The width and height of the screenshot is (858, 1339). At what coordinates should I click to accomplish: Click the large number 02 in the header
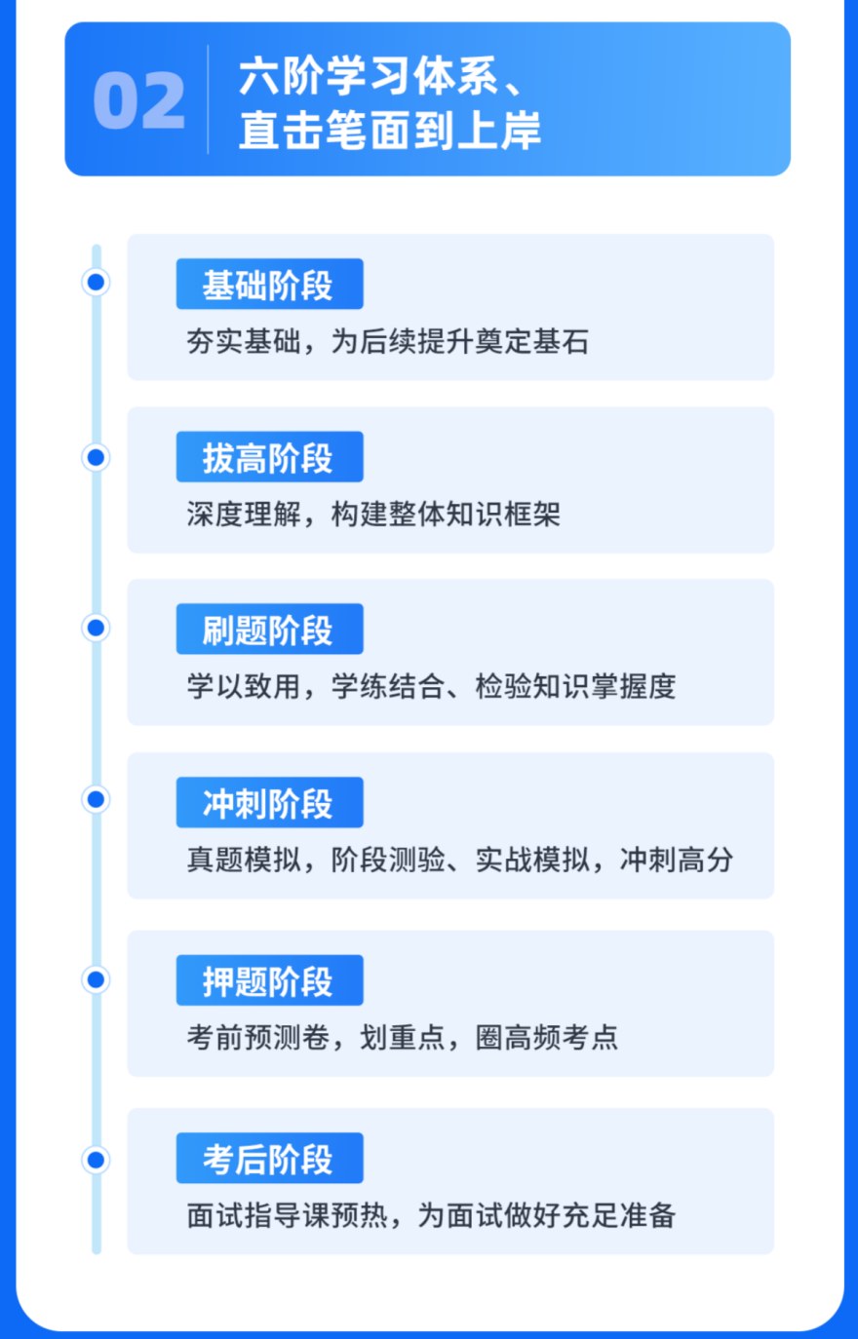click(x=138, y=101)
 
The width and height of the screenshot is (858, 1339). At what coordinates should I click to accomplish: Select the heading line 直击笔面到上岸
click(x=389, y=131)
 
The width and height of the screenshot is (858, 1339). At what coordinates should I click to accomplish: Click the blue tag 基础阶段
click(x=269, y=285)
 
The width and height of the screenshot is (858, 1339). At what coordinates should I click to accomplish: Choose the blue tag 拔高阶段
click(x=269, y=457)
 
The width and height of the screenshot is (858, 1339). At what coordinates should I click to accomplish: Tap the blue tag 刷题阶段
click(x=269, y=630)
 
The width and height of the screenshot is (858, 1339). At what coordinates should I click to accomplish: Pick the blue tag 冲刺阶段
click(x=269, y=803)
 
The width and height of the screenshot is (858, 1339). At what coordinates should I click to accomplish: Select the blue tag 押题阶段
click(x=269, y=980)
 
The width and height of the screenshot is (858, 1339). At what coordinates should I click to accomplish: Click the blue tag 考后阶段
click(x=269, y=1159)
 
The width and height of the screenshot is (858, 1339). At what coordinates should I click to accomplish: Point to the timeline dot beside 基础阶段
click(x=96, y=283)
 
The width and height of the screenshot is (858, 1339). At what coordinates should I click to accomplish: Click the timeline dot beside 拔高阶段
click(x=96, y=456)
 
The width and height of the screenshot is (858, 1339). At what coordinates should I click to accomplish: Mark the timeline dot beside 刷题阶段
click(x=96, y=628)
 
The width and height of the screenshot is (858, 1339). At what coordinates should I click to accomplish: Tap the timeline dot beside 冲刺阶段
click(x=96, y=800)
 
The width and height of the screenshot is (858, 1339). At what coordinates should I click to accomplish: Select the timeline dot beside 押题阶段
click(x=96, y=978)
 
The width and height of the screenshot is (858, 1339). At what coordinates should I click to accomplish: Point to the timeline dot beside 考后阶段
click(x=96, y=1160)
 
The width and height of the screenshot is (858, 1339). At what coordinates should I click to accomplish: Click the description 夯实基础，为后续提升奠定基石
click(x=387, y=341)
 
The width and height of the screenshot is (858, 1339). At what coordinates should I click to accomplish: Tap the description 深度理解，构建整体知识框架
click(x=373, y=514)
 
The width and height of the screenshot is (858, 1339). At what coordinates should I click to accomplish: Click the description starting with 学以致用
click(x=431, y=686)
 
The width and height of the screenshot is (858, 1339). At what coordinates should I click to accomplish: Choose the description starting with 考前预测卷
click(x=402, y=1037)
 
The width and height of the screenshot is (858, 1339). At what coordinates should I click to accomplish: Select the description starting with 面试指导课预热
click(x=431, y=1215)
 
